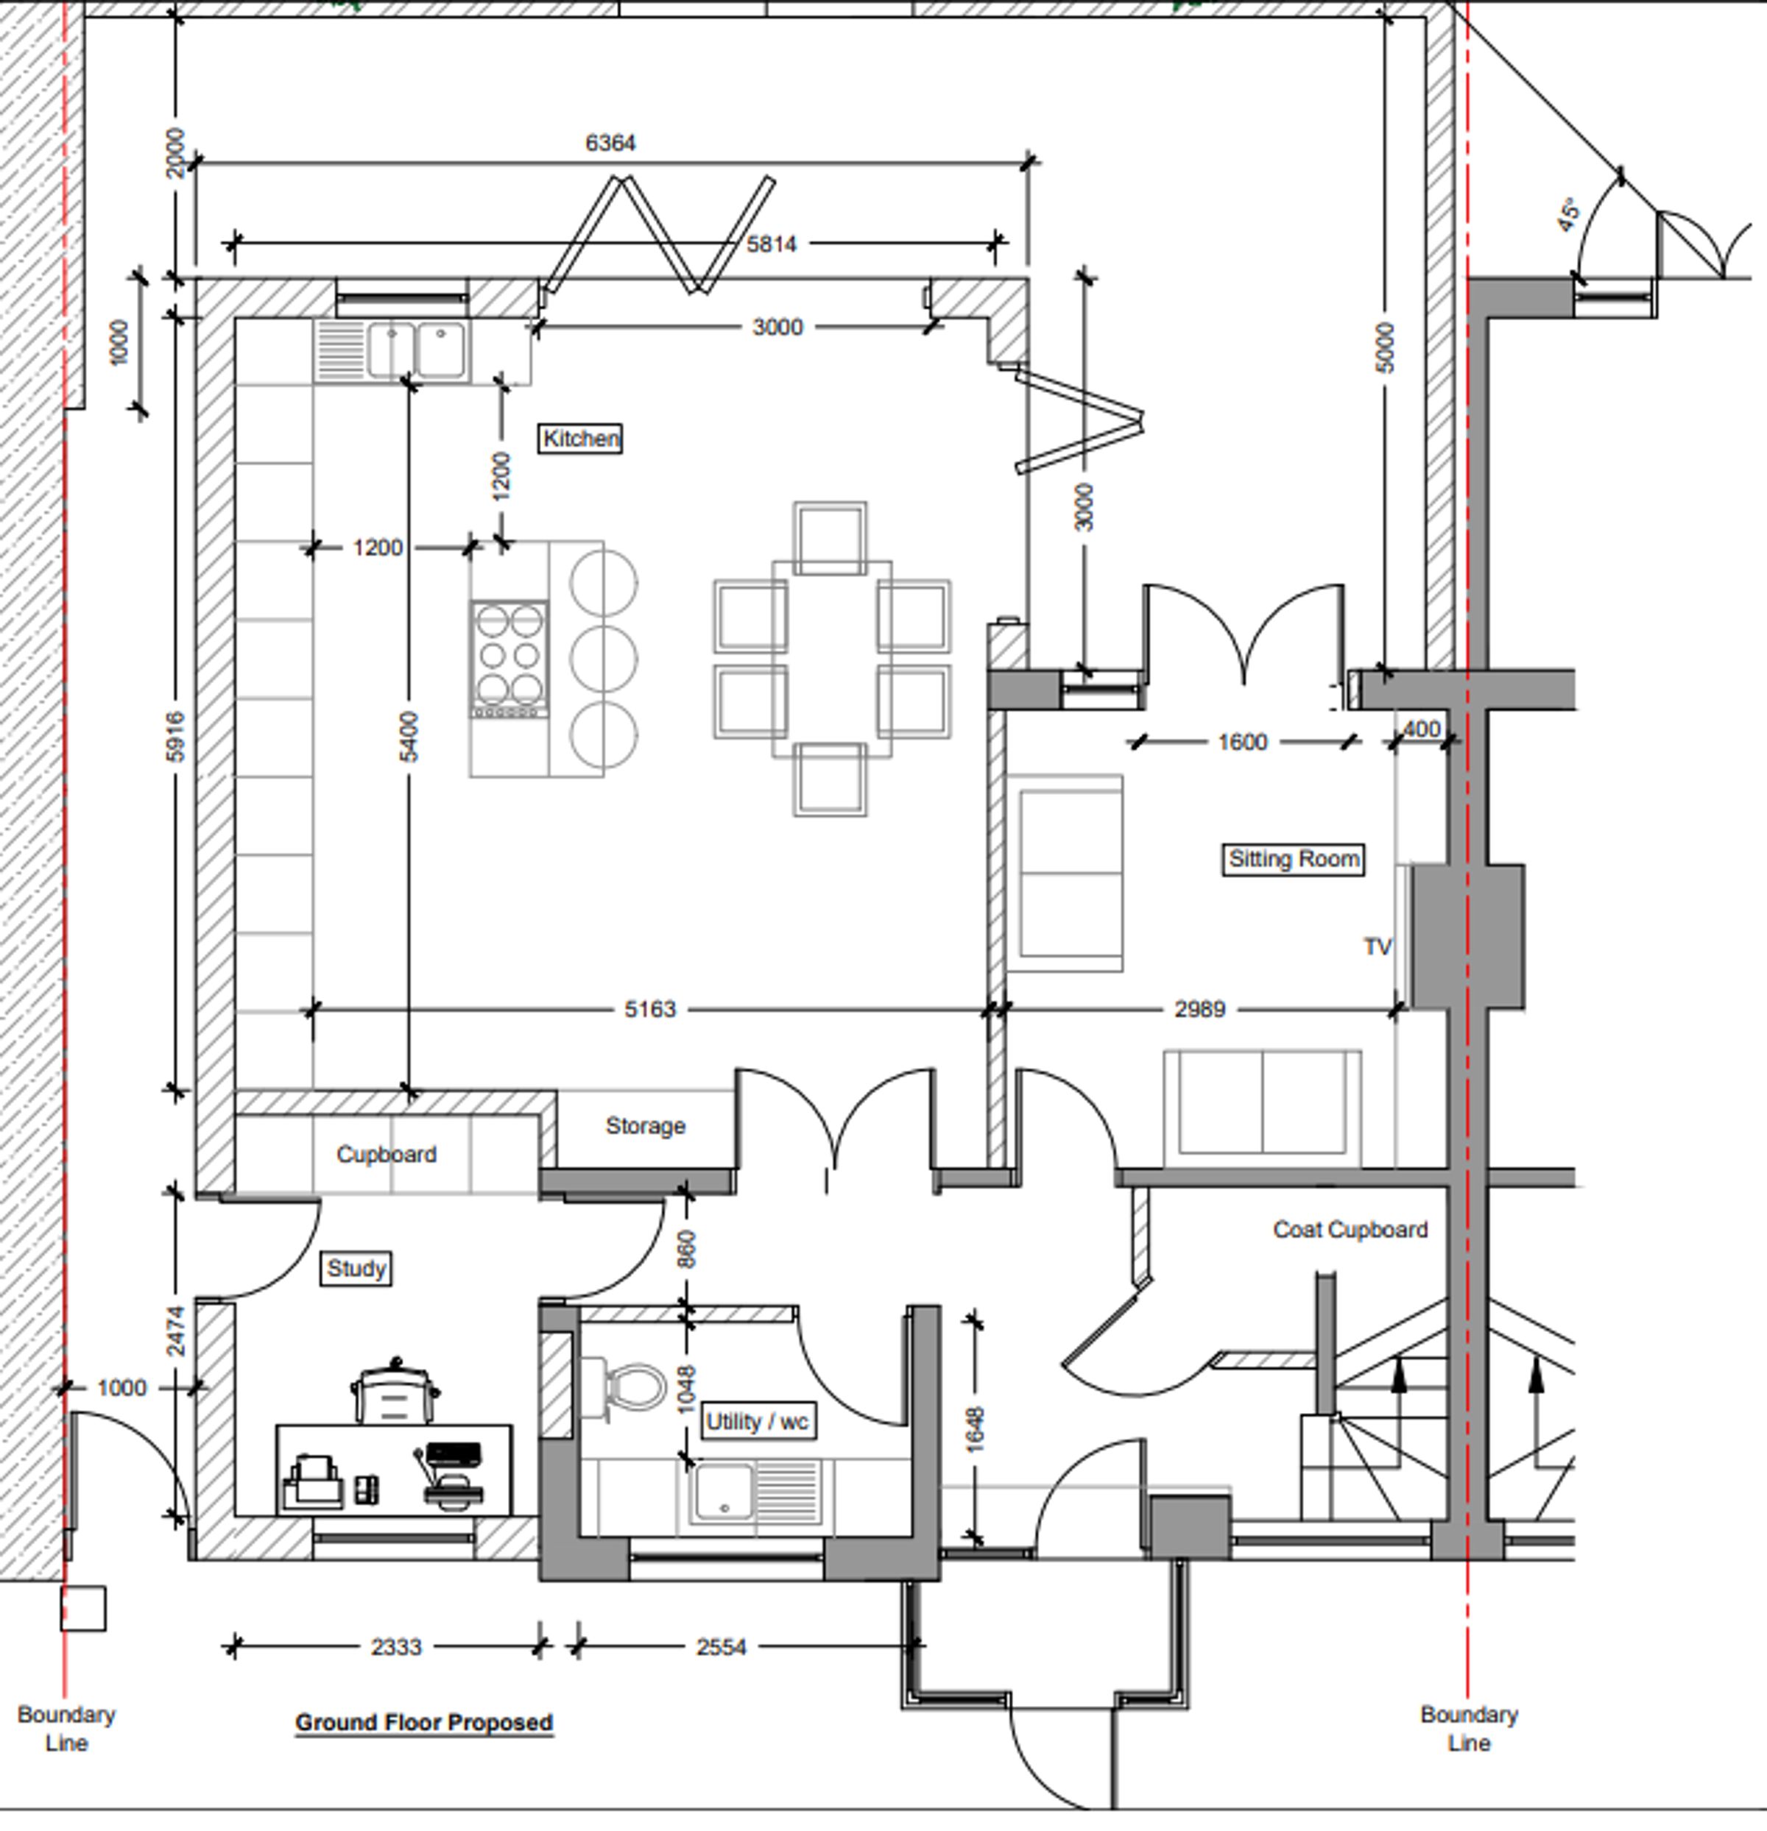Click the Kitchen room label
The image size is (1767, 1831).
[x=580, y=438]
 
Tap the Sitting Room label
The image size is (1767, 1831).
[x=1294, y=859]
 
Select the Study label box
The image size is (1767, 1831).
[x=356, y=1269]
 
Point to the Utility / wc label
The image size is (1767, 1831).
[x=757, y=1422]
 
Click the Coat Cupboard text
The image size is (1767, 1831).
[x=1350, y=1230]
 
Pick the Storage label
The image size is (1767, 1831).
[x=646, y=1126]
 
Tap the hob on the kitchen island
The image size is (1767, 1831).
[x=509, y=659]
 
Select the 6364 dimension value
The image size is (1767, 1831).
[x=610, y=143]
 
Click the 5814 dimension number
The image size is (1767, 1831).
[x=772, y=244]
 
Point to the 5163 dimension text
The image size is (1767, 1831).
[x=650, y=1009]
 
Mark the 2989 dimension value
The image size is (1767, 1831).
[x=1200, y=1009]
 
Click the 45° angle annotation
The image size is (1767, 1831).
[x=1569, y=214]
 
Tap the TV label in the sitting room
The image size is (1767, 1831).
[x=1378, y=946]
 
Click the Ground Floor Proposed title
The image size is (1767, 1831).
[x=424, y=1721]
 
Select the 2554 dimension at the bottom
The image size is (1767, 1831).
[x=722, y=1646]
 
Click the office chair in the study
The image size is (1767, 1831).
[x=395, y=1392]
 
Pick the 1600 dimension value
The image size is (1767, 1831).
[x=1243, y=742]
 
